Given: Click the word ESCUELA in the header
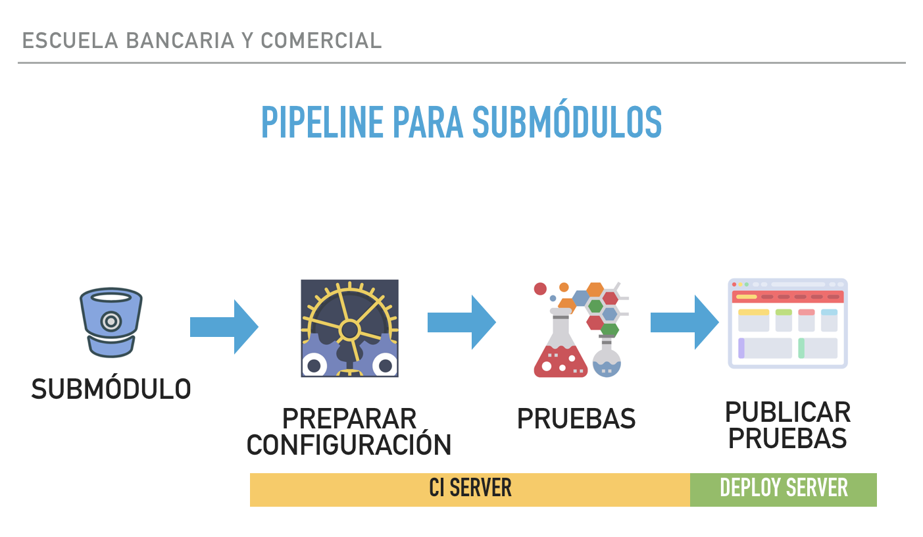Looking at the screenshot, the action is (70, 40).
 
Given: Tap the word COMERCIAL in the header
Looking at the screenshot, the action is (321, 40).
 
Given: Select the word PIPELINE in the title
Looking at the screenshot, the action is (322, 122).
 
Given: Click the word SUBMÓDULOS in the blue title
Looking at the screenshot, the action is (567, 120).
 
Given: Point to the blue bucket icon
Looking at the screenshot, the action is (111, 322).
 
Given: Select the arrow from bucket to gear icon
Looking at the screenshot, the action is (224, 327).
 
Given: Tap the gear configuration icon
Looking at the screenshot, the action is (349, 328).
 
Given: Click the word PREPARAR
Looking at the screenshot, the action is (349, 419).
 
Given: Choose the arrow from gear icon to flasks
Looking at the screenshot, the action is (462, 322).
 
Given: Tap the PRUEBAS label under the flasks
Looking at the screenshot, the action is (576, 419).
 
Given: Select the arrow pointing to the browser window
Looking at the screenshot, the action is (685, 322).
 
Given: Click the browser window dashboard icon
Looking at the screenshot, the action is (788, 324).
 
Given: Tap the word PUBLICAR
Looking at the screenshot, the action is (788, 412).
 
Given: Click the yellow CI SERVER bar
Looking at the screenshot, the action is (470, 490).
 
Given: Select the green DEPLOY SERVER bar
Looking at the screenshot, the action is (784, 490).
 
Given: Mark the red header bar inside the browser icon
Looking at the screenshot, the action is (788, 297).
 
